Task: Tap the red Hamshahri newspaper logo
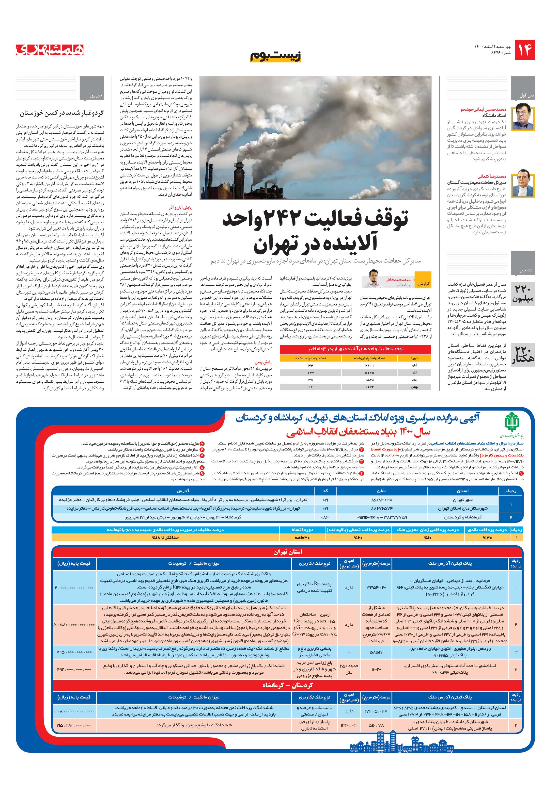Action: (x=50, y=50)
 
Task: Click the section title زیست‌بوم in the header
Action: (x=275, y=56)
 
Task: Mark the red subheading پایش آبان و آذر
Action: (x=180, y=207)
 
